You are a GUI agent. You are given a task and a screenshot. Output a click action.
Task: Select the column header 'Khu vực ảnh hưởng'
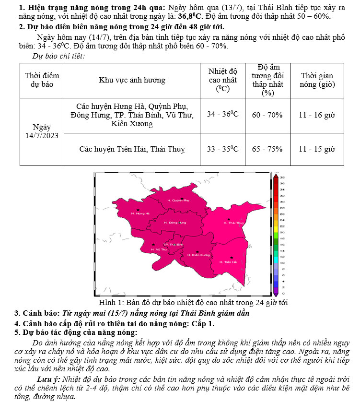tap(132, 80)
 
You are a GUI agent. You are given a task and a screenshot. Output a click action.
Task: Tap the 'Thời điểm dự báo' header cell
tap(42, 80)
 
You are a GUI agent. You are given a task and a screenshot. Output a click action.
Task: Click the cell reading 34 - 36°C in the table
tap(222, 115)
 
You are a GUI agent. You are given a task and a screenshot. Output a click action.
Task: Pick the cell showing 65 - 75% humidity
tap(267, 149)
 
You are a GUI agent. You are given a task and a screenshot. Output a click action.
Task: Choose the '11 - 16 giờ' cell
tap(316, 115)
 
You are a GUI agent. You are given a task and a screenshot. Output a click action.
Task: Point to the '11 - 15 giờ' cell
tap(316, 149)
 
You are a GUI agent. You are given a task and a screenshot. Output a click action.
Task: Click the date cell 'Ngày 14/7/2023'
tap(42, 131)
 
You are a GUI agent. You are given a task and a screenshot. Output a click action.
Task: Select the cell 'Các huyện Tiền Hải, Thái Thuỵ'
tap(132, 149)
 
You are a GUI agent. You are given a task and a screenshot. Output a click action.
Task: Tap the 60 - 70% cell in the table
tap(267, 115)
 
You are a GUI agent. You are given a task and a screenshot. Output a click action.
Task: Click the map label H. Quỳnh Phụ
tap(178, 200)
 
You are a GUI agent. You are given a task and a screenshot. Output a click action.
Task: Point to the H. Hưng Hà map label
tap(140, 213)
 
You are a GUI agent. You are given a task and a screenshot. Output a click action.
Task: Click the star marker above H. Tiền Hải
tap(232, 258)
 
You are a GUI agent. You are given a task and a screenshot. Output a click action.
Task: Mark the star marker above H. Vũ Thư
tap(153, 245)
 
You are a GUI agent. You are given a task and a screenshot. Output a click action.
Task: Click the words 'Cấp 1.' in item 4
tap(203, 323)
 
